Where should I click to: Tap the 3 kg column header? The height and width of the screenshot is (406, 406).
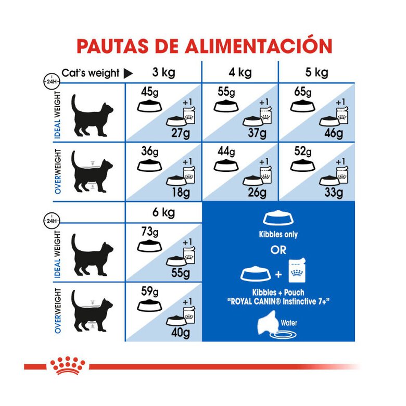pos(163,72)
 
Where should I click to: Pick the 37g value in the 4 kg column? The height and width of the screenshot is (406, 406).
pos(257,134)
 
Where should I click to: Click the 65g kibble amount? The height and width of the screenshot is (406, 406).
pos(301,93)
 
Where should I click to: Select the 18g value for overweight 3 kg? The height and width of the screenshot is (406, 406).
pos(181,193)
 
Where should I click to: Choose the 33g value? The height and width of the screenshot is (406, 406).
pos(333,193)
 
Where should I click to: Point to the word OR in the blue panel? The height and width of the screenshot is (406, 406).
pos(278,250)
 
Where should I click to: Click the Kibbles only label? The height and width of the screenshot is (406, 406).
pos(278,235)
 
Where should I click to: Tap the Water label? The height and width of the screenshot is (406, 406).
pos(290,322)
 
